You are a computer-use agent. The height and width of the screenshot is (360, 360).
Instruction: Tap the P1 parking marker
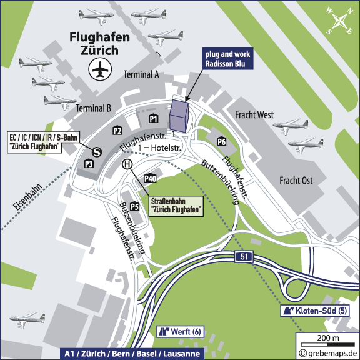(152, 118)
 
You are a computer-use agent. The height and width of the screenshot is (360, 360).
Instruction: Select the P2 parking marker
(117, 130)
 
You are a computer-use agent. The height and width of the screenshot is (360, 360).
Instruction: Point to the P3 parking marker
(89, 164)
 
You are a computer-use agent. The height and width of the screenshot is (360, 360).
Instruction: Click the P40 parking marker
(150, 179)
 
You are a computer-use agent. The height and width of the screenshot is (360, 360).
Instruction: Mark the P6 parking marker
(221, 142)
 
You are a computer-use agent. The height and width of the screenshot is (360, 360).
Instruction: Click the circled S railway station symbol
(97, 151)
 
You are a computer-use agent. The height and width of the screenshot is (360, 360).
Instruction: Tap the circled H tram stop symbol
(127, 164)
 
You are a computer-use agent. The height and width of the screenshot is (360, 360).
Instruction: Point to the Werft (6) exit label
(181, 331)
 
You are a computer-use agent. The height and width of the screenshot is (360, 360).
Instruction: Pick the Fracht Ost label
(295, 181)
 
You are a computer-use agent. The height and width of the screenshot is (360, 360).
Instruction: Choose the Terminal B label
(93, 108)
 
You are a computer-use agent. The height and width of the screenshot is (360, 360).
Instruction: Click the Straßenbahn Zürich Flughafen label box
(177, 206)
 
